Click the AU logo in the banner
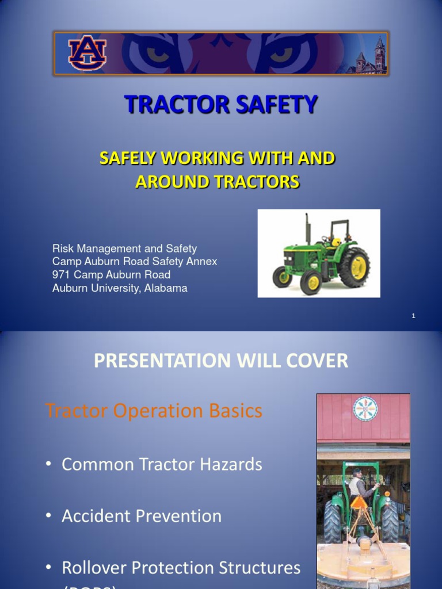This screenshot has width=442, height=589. tap(87, 53)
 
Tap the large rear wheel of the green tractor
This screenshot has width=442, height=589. tap(354, 267)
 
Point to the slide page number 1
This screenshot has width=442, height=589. tap(413, 316)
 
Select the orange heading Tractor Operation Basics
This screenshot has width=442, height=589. tap(154, 411)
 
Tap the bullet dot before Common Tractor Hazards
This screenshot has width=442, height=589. tap(50, 465)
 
